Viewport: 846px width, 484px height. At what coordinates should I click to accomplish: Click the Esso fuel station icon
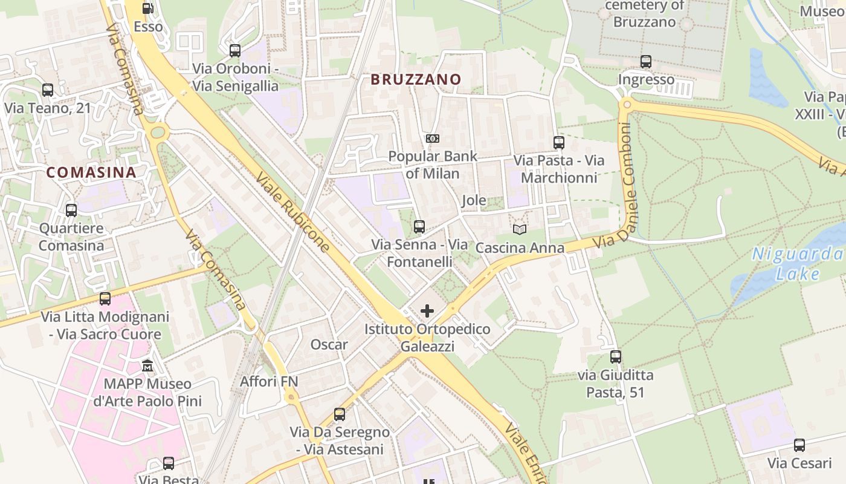point(147,8)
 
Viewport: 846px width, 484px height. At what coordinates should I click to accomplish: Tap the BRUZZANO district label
point(416,79)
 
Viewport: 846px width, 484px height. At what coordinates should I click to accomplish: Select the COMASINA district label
point(91,172)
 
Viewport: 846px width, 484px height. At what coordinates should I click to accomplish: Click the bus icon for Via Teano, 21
point(48,90)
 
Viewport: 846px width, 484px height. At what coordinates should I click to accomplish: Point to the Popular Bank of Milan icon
point(433,139)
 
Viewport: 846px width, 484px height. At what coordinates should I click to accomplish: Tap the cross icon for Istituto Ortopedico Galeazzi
point(427,311)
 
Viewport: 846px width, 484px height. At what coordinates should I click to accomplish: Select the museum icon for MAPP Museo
point(147,366)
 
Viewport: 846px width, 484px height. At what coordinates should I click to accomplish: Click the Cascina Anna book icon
point(520,229)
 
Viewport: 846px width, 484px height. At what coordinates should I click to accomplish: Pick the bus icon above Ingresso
point(646,61)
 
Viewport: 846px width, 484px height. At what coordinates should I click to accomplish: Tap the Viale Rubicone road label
point(294,212)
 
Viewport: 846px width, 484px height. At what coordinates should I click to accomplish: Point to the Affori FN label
point(269,382)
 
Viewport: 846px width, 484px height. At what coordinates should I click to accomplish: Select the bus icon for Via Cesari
point(799,445)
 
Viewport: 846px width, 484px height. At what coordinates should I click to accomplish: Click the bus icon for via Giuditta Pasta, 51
point(616,357)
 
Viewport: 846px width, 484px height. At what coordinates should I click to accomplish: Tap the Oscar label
point(329,345)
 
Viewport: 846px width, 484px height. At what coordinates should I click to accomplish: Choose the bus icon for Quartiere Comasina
point(71,211)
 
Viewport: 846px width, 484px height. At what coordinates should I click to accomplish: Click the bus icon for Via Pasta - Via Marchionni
point(559,143)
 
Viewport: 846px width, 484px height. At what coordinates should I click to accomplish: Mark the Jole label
point(474,201)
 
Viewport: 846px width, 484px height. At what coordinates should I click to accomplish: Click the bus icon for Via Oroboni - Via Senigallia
point(235,51)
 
